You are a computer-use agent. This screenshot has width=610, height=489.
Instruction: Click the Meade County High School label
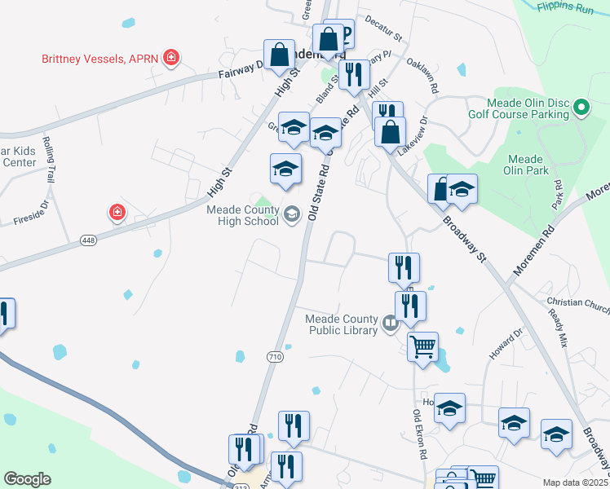(x=243, y=215)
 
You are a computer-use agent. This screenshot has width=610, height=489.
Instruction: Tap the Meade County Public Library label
(x=342, y=324)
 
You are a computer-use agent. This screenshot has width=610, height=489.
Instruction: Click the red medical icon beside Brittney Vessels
(x=171, y=57)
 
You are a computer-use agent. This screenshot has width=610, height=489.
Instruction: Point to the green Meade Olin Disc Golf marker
(x=581, y=108)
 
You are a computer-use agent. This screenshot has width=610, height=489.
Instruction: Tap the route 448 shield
(x=90, y=240)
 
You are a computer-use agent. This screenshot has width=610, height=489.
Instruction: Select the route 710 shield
(x=275, y=357)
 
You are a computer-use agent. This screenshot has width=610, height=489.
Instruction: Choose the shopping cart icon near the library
(x=422, y=346)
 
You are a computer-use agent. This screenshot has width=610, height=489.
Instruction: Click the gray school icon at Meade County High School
(x=292, y=214)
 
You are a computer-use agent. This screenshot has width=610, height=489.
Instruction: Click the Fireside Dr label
(x=31, y=220)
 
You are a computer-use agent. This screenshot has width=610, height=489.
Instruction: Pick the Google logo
(x=27, y=479)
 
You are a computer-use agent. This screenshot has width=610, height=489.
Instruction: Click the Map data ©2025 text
(x=574, y=482)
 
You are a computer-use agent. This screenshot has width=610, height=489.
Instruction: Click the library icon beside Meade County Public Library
(x=391, y=324)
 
